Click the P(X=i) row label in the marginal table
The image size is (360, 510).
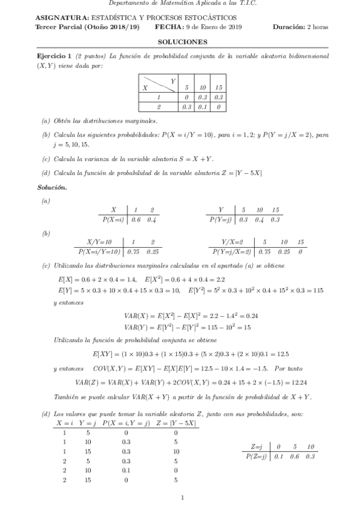click(112, 220)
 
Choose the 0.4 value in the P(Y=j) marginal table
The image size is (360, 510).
click(259, 220)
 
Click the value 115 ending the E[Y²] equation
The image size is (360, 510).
click(317, 290)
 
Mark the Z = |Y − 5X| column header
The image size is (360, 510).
click(175, 423)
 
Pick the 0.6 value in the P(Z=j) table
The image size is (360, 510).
click(294, 456)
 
